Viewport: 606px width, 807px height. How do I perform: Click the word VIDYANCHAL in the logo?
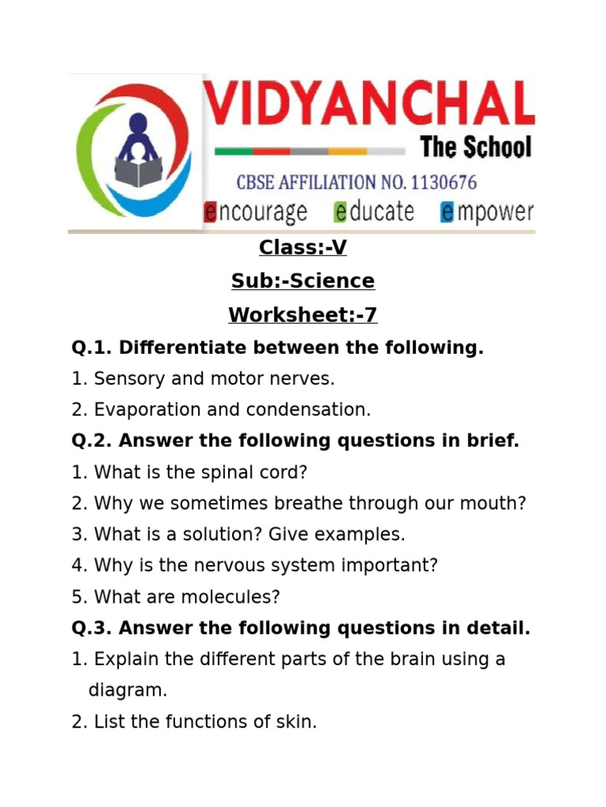tap(372, 105)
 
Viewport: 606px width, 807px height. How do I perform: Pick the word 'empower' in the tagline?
tap(487, 213)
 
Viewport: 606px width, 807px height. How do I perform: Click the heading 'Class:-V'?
tap(303, 248)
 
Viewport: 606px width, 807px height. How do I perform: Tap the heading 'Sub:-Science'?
tap(303, 281)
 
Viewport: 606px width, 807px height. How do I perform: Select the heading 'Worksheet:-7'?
tap(303, 315)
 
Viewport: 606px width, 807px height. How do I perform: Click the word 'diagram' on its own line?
tap(127, 690)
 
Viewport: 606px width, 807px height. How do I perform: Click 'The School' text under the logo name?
tap(476, 147)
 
